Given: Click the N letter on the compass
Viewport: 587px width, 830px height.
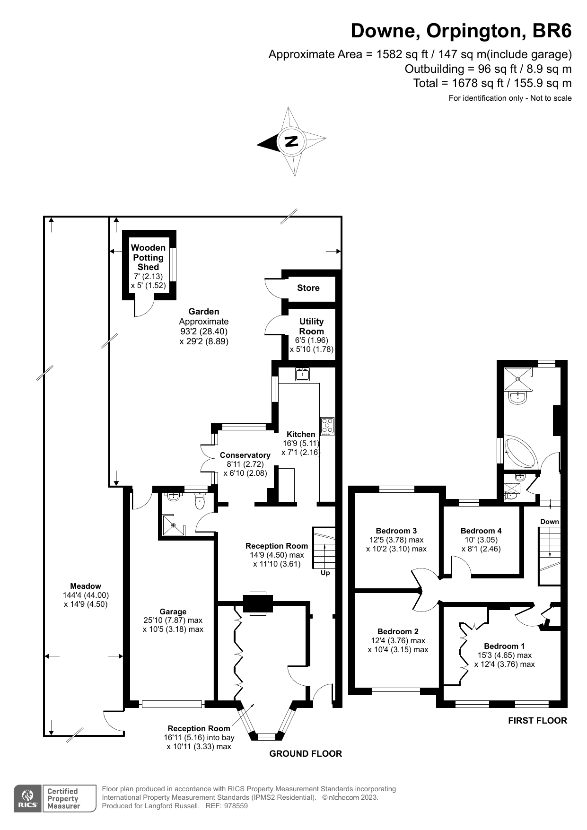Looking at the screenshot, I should click(291, 141).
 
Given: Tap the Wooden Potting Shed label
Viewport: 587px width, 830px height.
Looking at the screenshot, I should click(148, 257).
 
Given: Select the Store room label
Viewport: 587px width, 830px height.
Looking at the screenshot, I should click(308, 288).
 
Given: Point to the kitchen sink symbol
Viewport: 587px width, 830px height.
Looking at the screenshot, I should click(302, 375).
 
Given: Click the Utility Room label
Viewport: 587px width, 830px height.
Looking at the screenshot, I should click(311, 326).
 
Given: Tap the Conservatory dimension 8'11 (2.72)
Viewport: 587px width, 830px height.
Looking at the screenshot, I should click(245, 464).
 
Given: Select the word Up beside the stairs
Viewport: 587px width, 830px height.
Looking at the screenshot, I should click(325, 573).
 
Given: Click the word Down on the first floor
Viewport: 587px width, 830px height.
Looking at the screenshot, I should click(550, 522).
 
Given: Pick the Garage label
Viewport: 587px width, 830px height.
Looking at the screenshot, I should click(173, 612).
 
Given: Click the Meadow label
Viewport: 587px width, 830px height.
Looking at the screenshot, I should click(86, 586).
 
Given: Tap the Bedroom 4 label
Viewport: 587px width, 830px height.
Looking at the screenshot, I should click(481, 531).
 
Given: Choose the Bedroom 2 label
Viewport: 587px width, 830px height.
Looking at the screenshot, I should click(398, 631).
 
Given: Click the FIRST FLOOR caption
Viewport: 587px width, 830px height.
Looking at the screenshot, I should click(537, 720).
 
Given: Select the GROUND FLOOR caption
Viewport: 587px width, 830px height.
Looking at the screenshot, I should click(305, 753).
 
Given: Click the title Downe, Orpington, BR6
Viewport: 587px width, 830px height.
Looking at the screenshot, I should click(461, 31).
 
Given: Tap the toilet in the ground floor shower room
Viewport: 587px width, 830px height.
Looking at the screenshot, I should click(200, 502).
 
